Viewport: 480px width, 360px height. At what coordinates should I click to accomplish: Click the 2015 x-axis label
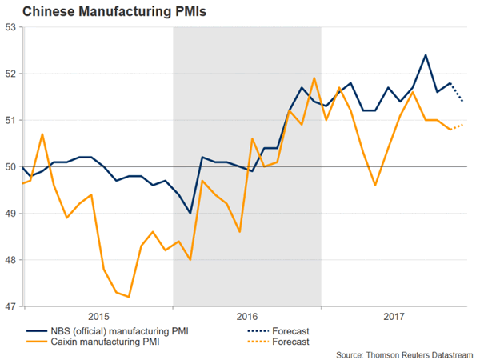[98, 316]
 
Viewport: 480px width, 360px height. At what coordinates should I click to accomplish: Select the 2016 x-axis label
[247, 316]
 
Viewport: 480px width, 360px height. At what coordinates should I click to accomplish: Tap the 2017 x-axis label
[394, 316]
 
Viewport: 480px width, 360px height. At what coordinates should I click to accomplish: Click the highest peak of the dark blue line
[426, 55]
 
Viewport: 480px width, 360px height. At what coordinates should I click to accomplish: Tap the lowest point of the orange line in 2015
[129, 297]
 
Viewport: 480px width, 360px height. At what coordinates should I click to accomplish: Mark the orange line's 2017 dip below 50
[376, 185]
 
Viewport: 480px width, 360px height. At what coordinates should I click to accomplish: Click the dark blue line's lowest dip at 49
[190, 213]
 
